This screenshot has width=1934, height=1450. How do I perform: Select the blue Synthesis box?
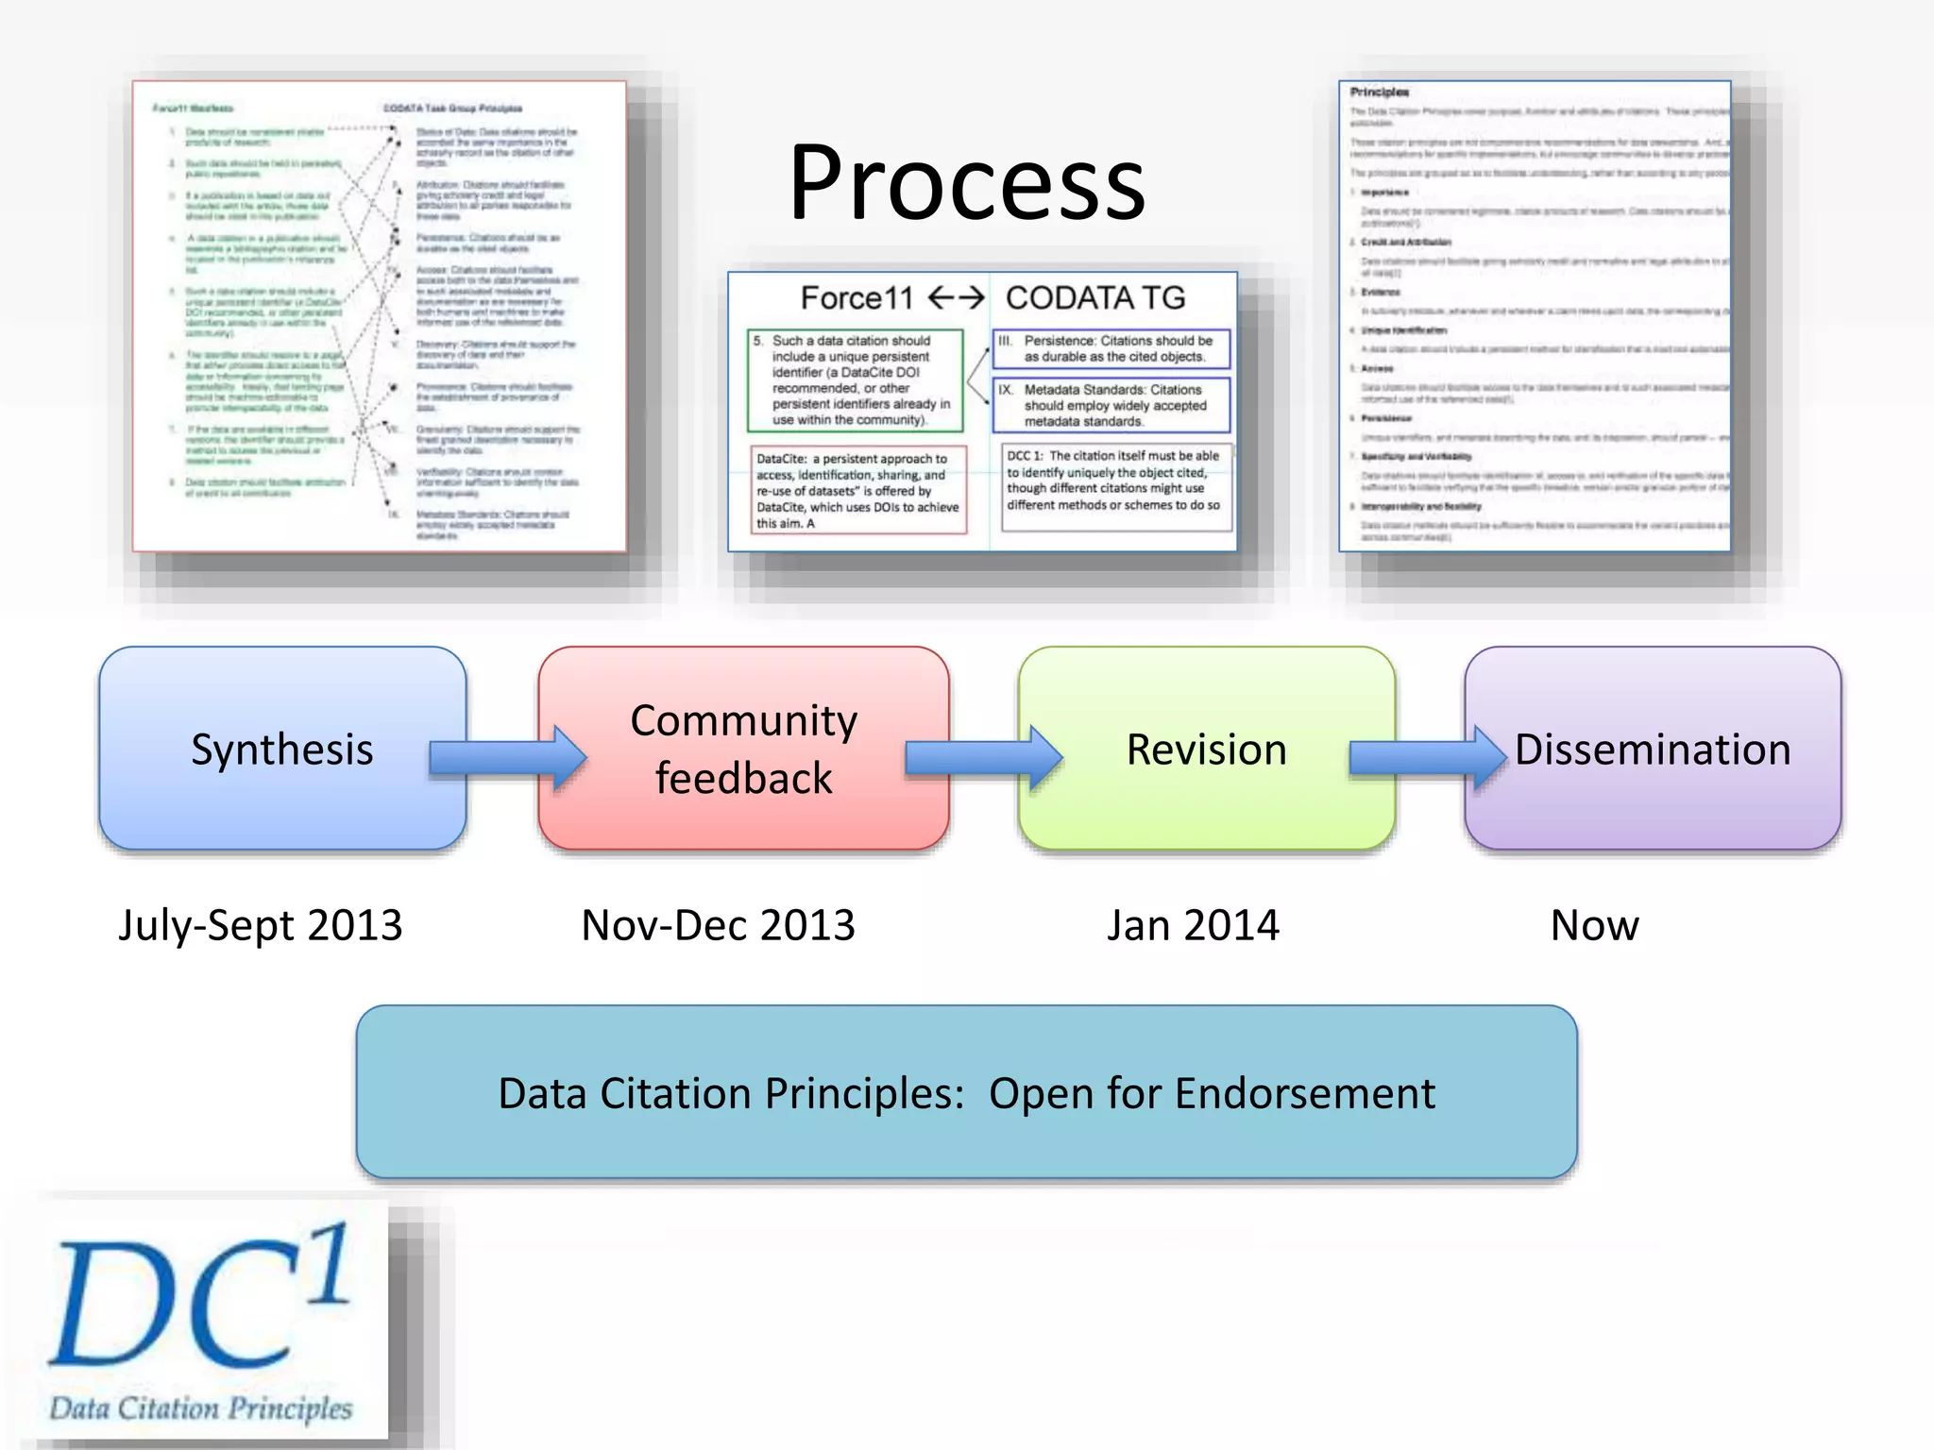tap(281, 749)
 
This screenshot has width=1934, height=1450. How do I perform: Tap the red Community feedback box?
tap(743, 749)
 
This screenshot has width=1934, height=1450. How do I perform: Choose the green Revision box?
tap(1206, 749)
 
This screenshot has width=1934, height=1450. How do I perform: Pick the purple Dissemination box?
tap(1653, 749)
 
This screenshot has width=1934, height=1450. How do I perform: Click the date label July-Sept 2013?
tap(261, 925)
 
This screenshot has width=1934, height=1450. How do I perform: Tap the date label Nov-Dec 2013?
tap(718, 925)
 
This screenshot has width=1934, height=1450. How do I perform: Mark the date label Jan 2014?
tap(1193, 925)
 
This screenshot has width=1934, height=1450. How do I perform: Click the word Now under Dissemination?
tap(1594, 925)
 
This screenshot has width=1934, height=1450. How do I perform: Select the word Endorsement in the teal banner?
tap(1305, 1093)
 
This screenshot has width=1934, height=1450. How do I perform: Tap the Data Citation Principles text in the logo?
tap(200, 1408)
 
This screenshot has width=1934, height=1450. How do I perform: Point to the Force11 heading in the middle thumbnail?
tap(857, 298)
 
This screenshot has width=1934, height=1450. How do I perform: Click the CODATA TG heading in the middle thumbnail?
tap(1094, 298)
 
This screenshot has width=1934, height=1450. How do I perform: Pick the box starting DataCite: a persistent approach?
tap(857, 490)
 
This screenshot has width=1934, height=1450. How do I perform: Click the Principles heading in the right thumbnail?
tap(1379, 93)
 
